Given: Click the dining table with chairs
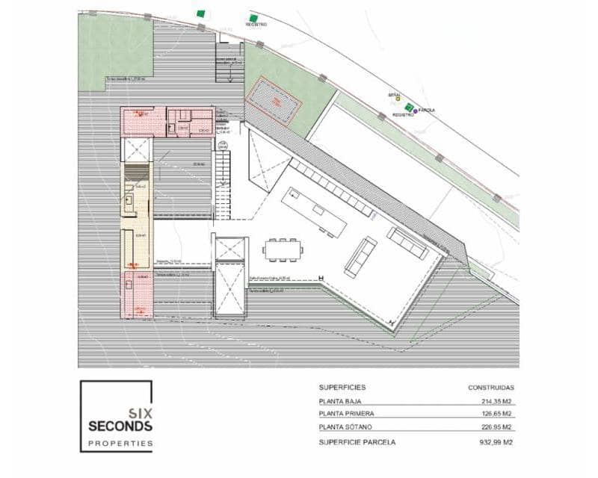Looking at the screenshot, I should coord(284,249).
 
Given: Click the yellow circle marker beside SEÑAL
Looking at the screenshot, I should coord(398,99).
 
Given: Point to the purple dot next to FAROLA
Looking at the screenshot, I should coord(416,111).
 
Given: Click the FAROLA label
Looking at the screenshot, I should coord(427,111).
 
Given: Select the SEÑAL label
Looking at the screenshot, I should coord(394,94).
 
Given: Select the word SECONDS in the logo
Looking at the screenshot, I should coord(120,426).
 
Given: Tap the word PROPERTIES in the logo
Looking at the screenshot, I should coord(120,444).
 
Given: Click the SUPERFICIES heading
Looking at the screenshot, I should coord(342,388).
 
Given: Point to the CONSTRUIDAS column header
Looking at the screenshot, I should coord(491,388).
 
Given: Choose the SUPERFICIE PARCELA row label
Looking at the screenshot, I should coord(357,442).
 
